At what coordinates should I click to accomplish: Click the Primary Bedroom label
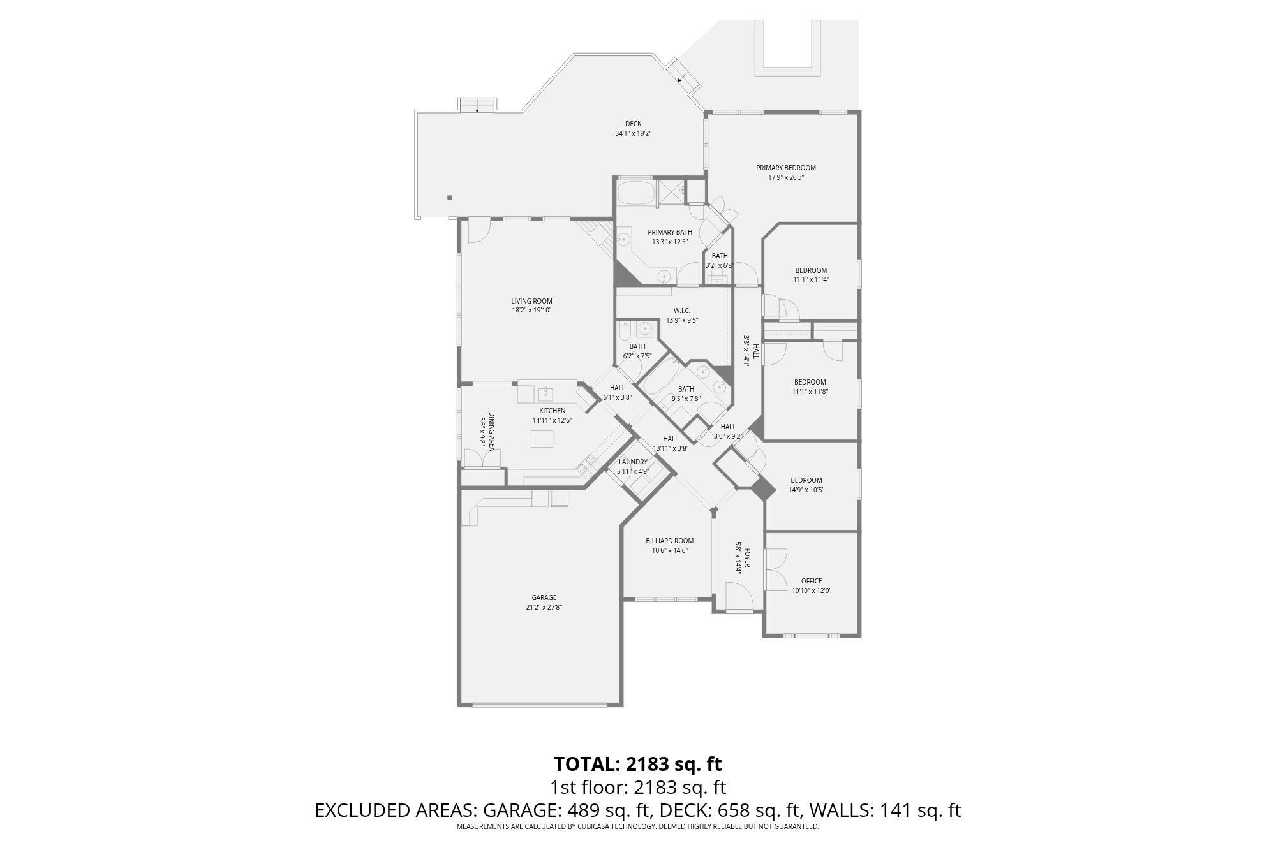[x=785, y=168]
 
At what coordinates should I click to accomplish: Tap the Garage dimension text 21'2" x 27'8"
[x=544, y=607]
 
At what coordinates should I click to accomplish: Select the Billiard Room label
[x=669, y=541]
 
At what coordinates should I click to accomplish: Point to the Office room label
[x=811, y=581]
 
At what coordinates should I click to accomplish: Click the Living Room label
[x=531, y=301]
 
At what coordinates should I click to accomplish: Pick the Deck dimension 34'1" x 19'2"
[x=632, y=133]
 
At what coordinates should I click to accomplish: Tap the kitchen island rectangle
[x=542, y=439]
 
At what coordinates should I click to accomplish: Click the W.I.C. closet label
[x=682, y=311]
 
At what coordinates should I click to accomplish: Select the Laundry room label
[x=633, y=462]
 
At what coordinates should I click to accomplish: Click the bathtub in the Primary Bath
[x=635, y=193]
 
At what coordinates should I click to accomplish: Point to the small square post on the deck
[x=449, y=198]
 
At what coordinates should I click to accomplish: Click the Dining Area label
[x=491, y=431]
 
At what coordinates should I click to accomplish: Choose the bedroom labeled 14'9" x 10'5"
[x=806, y=485]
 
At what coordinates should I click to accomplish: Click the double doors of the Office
[x=775, y=569]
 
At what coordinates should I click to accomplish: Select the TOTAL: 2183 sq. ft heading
[x=637, y=763]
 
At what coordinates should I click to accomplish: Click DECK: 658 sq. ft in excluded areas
[x=729, y=810]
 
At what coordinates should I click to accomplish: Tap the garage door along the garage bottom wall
[x=539, y=705]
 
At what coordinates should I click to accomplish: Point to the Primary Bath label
[x=669, y=232]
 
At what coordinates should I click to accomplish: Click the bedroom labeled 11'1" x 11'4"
[x=811, y=275]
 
